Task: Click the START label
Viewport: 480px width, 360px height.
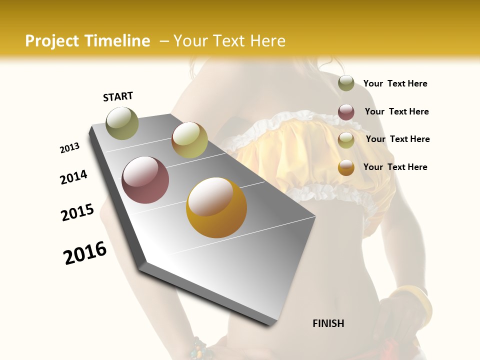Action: pyautogui.click(x=118, y=96)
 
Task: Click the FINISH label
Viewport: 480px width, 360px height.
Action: pyautogui.click(x=328, y=323)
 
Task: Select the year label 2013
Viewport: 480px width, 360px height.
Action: pyautogui.click(x=69, y=148)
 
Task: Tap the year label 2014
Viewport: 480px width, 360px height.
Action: pyautogui.click(x=73, y=177)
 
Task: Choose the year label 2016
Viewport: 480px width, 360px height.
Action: pyautogui.click(x=85, y=253)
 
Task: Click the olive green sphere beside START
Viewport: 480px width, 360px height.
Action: pyautogui.click(x=122, y=123)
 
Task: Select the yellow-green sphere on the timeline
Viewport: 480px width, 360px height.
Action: pyautogui.click(x=189, y=140)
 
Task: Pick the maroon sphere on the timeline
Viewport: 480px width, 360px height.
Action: pyautogui.click(x=145, y=180)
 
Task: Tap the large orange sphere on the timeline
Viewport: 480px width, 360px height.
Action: pyautogui.click(x=216, y=207)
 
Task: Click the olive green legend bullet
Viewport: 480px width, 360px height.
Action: pyautogui.click(x=346, y=83)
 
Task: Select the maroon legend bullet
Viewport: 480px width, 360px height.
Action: pyautogui.click(x=346, y=112)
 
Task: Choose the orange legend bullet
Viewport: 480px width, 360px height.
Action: pyautogui.click(x=346, y=167)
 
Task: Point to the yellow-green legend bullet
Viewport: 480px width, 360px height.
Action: pyautogui.click(x=346, y=140)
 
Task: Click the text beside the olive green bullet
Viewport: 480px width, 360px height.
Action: pyautogui.click(x=395, y=84)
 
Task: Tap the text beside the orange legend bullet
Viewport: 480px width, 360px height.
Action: pyautogui.click(x=395, y=167)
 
